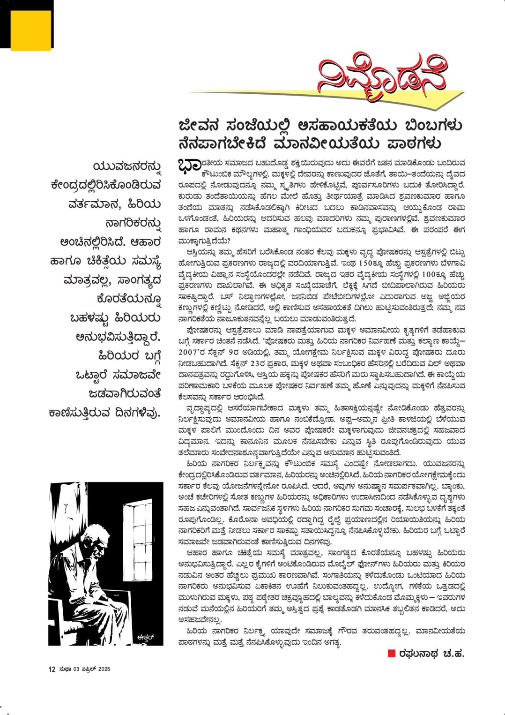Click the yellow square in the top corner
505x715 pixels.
pyautogui.click(x=30, y=30)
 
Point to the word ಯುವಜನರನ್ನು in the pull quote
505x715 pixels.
pyautogui.click(x=127, y=167)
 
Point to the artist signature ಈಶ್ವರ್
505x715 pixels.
pyautogui.click(x=145, y=637)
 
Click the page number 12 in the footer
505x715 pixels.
pyautogui.click(x=52, y=669)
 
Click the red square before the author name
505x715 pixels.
pyautogui.click(x=392, y=654)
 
